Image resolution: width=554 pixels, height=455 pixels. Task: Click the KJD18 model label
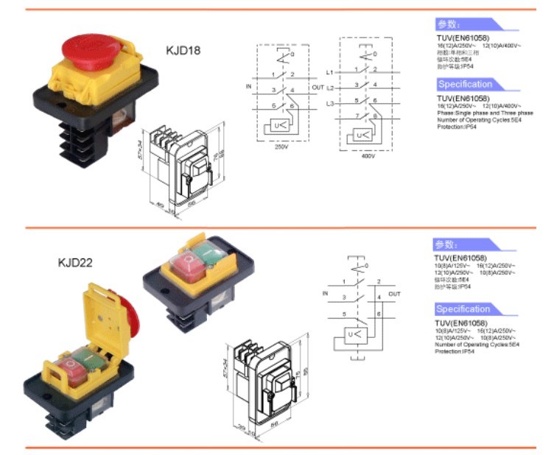[x=183, y=51]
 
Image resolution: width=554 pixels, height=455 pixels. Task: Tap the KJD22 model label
[x=75, y=261]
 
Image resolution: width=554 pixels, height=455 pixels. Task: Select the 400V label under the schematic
[x=368, y=156]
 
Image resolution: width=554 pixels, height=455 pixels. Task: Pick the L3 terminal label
[x=330, y=103]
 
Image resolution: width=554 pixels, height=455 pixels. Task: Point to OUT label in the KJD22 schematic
[x=394, y=294]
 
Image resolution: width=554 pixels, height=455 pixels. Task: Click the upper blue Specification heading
[x=465, y=84]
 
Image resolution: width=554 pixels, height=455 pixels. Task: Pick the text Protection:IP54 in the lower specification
[x=455, y=350]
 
